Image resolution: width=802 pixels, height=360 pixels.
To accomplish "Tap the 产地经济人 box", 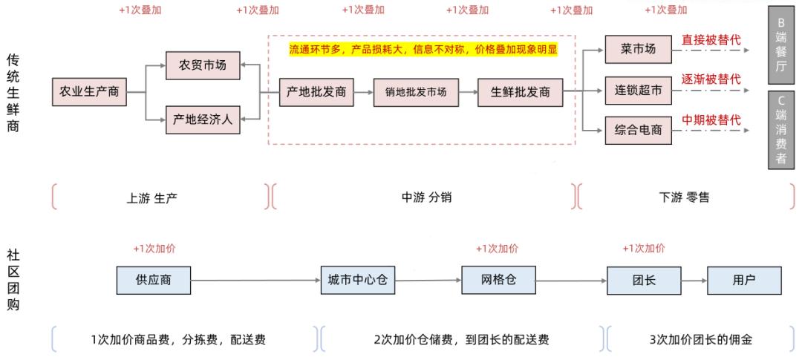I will (x=203, y=119).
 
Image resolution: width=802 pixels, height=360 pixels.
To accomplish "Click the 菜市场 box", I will (x=637, y=49).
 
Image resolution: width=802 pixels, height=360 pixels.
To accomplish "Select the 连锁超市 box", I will (x=637, y=91).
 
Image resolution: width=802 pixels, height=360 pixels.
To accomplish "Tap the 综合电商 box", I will (x=637, y=131).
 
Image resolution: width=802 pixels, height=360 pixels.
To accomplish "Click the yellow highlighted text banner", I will (x=423, y=49).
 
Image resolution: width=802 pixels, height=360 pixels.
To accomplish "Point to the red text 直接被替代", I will (x=711, y=39).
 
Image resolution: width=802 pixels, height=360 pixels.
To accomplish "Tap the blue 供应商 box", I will (x=154, y=279).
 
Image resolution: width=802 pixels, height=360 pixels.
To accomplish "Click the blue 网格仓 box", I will (x=498, y=279).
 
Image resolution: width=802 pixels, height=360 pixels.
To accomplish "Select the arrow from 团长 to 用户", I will (x=693, y=280).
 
